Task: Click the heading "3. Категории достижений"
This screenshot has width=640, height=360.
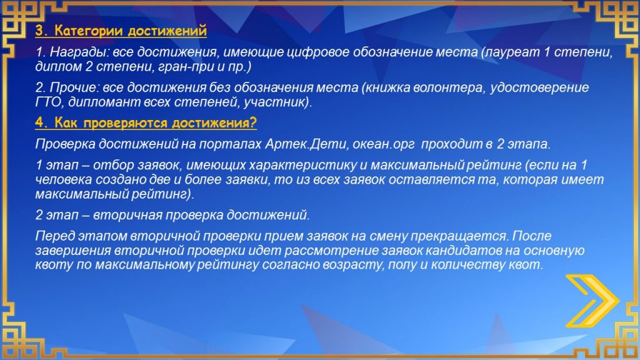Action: click(x=121, y=31)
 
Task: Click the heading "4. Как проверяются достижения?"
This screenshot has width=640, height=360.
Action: click(x=146, y=123)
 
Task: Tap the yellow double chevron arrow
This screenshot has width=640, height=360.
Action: click(x=592, y=301)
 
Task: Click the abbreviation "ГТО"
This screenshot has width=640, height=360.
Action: click(x=49, y=102)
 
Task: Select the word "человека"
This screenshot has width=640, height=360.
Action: click(x=63, y=179)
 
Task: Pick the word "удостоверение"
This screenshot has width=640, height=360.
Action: click(x=539, y=87)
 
